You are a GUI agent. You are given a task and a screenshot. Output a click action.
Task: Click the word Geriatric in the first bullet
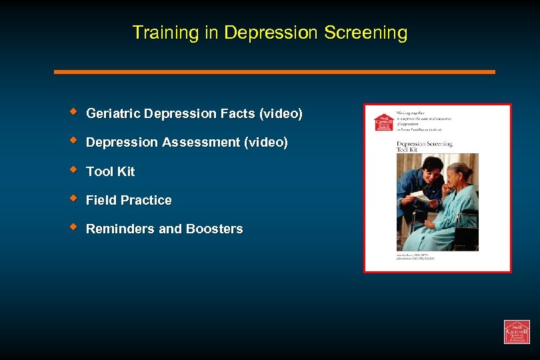click(113, 114)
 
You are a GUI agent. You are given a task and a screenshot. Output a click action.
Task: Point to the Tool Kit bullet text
click(111, 171)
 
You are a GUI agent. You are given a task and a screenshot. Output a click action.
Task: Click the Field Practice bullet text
click(129, 200)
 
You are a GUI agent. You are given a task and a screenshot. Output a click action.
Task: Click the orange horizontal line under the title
click(274, 71)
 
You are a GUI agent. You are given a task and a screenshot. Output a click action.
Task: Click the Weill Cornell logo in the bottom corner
click(516, 331)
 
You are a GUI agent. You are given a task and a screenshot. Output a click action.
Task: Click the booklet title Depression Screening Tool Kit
click(424, 146)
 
